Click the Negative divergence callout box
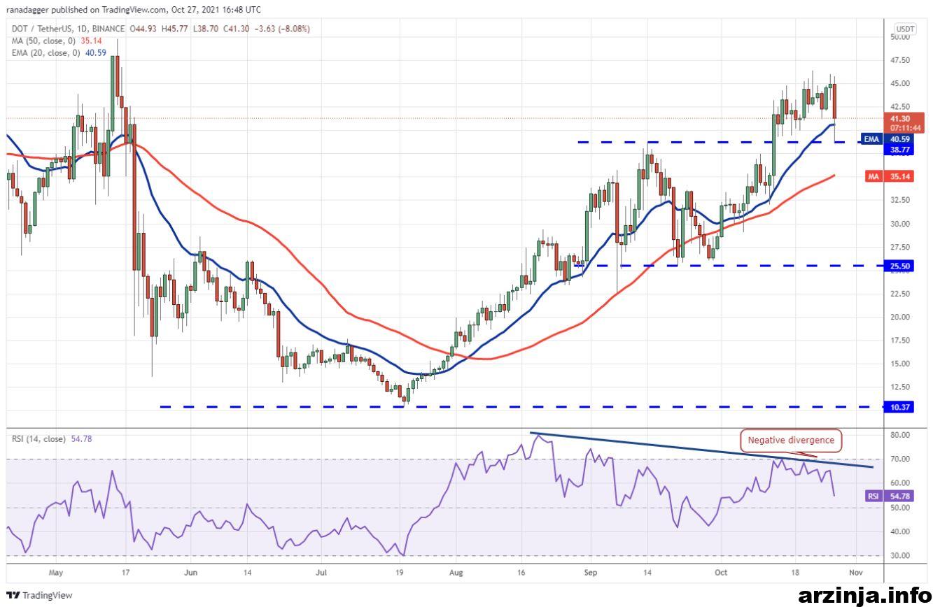(790, 441)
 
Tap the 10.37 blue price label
(899, 407)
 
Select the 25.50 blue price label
(899, 266)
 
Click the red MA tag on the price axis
(873, 176)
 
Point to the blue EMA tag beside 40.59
(871, 139)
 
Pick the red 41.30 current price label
(903, 123)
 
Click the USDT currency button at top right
(905, 29)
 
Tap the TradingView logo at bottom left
(40, 595)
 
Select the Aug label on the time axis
(456, 573)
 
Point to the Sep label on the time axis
(590, 573)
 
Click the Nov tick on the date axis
(855, 573)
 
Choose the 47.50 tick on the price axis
(900, 60)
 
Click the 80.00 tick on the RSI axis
(900, 435)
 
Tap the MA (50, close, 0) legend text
(43, 41)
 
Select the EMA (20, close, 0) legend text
(45, 53)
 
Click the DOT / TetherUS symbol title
(41, 29)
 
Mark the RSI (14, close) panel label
(38, 439)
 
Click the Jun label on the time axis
(190, 573)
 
